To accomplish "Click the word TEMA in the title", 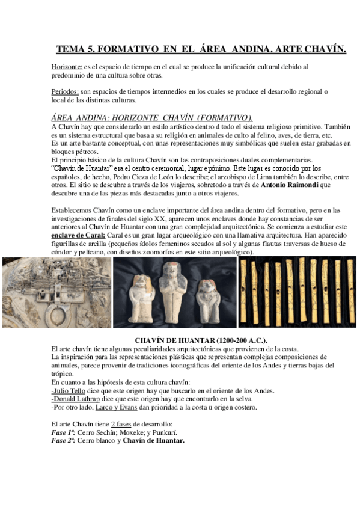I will (x=72, y=49).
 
